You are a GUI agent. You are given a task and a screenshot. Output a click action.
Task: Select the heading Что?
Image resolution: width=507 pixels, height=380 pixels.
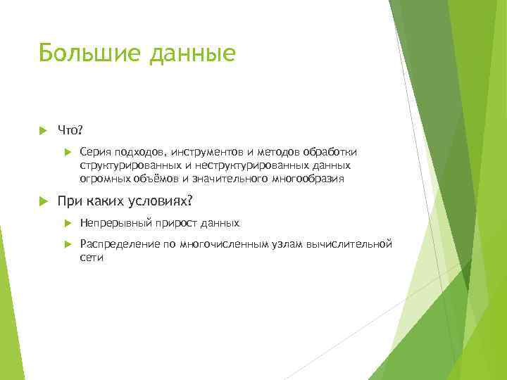[71, 130]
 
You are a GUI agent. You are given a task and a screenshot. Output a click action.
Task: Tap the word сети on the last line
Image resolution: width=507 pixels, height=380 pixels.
[92, 258]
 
